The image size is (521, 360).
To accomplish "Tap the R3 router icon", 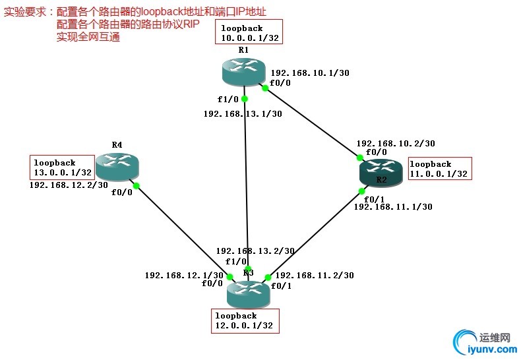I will coord(248,292).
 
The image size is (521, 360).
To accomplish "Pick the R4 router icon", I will coord(116,166).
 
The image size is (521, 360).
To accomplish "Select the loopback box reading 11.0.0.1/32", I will coord(440,169).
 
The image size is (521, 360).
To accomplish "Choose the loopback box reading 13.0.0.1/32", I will coord(61,167).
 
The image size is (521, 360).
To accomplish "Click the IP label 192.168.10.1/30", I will coord(309,73).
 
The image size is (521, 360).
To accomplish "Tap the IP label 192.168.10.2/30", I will coord(395,143).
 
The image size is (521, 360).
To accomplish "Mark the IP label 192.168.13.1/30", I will coord(243,114).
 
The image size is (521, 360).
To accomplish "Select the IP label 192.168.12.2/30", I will coord(69,185).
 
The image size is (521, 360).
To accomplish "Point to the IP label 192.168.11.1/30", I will coord(393,206).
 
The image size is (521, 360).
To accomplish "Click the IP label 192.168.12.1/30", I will coord(183,275).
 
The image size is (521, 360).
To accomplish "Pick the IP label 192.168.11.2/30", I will coord(315,275).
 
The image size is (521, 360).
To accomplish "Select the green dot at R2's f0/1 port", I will coord(362,191).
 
